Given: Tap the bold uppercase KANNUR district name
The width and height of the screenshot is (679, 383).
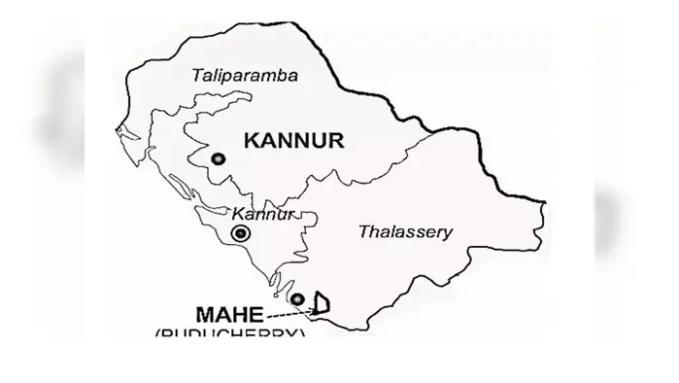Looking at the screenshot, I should click(x=294, y=140).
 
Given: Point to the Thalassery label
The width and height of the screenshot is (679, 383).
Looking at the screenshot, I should click(x=405, y=232).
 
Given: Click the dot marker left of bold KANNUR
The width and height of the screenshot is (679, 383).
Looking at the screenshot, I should click(x=220, y=158).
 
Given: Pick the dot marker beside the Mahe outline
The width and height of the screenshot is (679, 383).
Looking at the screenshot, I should click(x=298, y=298).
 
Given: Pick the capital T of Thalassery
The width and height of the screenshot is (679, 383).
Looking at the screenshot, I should click(x=363, y=231).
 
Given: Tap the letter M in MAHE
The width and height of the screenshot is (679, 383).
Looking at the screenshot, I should click(x=205, y=315).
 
